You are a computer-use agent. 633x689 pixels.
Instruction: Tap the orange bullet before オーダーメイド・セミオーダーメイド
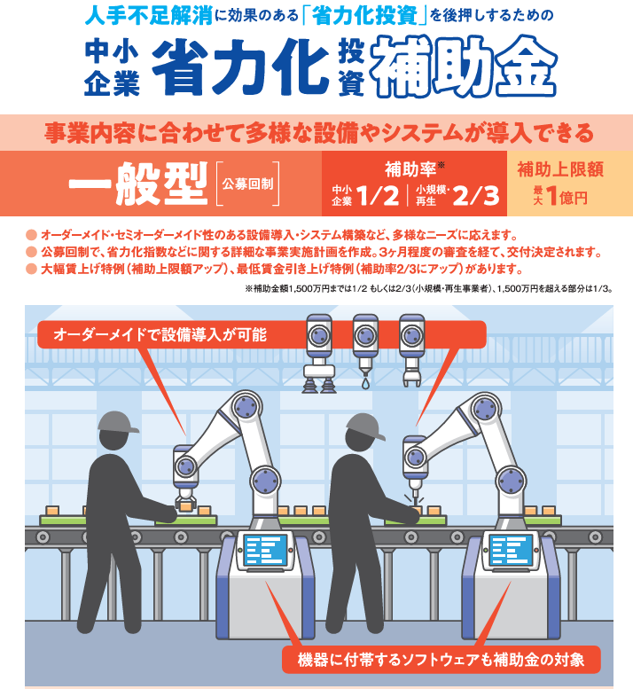[31, 235]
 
